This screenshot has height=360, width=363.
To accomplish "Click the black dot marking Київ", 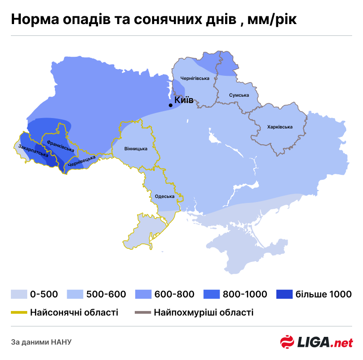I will coord(171,105).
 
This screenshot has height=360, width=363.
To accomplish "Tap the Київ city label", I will coord(184,100).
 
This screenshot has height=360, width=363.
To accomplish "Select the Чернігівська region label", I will coord(195,78).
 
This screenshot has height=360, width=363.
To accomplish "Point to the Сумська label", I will coord(239,95).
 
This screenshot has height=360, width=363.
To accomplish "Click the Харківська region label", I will coord(280,127).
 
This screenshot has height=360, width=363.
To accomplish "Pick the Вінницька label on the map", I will coord(136,149).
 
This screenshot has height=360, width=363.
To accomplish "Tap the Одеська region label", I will coord(165,196).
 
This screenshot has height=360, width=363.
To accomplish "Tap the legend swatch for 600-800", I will coord(142,294).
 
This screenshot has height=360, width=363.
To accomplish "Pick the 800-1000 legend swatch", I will coord(211,294).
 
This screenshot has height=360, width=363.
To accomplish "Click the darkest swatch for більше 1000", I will coord(284,294).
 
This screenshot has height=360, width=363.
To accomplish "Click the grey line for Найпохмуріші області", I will coord(142,312).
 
